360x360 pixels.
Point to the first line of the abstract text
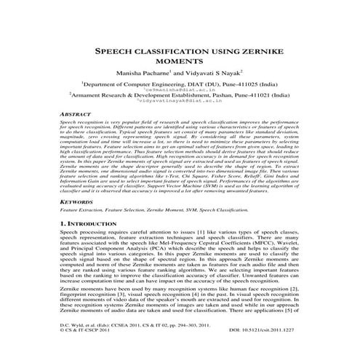point(180,145)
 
